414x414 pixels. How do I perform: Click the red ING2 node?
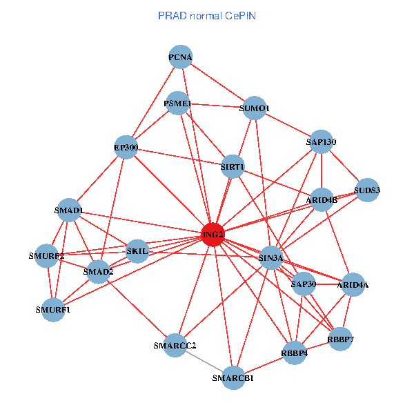point(213,235)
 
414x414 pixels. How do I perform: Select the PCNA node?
point(180,57)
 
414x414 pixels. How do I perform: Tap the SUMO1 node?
point(255,108)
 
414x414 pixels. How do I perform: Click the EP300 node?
point(126,147)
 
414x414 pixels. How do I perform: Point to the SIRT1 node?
point(233,166)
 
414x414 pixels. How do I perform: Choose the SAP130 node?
point(321,142)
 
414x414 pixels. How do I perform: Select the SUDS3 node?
point(367,190)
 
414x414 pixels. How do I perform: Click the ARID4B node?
point(322,200)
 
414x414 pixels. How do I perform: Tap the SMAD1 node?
point(69,210)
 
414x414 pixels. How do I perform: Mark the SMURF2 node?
point(47,256)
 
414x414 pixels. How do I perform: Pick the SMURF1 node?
point(53,309)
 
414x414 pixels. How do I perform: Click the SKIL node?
point(138,250)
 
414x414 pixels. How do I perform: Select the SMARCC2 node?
point(175,345)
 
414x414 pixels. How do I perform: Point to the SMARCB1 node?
point(233,377)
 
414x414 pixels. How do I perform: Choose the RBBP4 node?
point(295,353)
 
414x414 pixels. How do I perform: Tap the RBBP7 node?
point(341,339)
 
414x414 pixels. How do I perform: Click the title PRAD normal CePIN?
point(207,15)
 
